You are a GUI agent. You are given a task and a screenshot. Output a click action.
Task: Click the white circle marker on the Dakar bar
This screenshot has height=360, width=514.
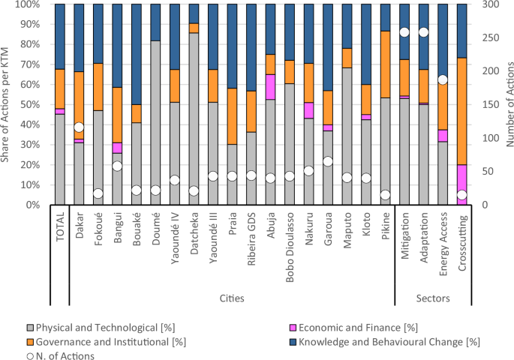pyautogui.click(x=79, y=127)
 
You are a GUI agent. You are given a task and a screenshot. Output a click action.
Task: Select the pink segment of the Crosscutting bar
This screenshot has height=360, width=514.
pyautogui.click(x=462, y=184)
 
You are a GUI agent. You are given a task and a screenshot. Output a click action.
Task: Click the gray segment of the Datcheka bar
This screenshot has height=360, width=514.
pyautogui.click(x=194, y=119)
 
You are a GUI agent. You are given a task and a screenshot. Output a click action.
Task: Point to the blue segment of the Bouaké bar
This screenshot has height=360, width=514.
pyautogui.click(x=137, y=55)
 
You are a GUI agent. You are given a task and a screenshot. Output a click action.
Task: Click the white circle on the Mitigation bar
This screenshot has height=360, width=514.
pyautogui.click(x=404, y=32)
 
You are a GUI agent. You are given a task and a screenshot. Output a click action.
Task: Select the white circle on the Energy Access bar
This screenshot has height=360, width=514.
pyautogui.click(x=443, y=79)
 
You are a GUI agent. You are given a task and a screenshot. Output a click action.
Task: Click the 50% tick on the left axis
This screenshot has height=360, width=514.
pyautogui.click(x=31, y=104)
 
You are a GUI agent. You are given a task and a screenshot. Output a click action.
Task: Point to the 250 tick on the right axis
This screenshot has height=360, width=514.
pyautogui.click(x=491, y=37)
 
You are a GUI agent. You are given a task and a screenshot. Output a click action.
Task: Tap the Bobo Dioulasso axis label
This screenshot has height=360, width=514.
pyautogui.click(x=290, y=247)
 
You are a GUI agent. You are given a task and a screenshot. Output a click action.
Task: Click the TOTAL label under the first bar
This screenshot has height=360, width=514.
pyautogui.click(x=60, y=226)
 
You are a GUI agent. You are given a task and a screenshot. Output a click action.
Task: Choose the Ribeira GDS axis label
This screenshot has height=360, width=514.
pyautogui.click(x=251, y=238)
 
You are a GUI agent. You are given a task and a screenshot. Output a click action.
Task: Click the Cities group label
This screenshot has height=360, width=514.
pyautogui.click(x=232, y=298)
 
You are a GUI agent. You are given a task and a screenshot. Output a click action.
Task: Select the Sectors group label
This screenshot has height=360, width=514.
pyautogui.click(x=433, y=298)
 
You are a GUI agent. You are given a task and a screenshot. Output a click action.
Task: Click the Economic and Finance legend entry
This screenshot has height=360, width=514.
pyautogui.click(x=354, y=328)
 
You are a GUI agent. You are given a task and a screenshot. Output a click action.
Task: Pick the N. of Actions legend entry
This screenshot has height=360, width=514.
pyautogui.click(x=61, y=355)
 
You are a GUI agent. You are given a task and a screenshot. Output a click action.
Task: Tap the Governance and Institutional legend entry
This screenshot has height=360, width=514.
pyautogui.click(x=107, y=342)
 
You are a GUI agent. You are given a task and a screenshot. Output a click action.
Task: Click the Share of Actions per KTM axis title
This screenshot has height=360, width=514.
pyautogui.click(x=5, y=105)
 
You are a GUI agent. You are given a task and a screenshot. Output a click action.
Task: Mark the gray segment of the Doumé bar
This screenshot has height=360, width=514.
pyautogui.click(x=156, y=123)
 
